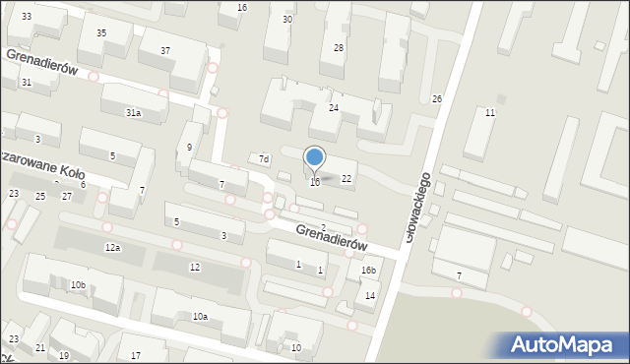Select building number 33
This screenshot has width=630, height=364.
pyautogui.click(x=27, y=17)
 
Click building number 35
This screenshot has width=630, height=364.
pyautogui.click(x=101, y=33)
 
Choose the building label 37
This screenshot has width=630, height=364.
pyautogui.click(x=165, y=50)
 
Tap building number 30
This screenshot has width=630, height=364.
pyautogui.click(x=287, y=20)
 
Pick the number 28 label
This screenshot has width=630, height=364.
pyautogui.click(x=339, y=48)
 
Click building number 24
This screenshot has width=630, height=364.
pyautogui.click(x=334, y=107)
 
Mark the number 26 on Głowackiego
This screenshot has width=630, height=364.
pyautogui.click(x=437, y=99)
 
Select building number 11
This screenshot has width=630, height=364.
pyautogui.click(x=490, y=113)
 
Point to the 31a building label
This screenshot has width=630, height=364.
pyautogui.click(x=133, y=113)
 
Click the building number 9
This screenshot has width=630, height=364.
pyautogui.click(x=190, y=148)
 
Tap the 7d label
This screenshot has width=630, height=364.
pyautogui.click(x=263, y=158)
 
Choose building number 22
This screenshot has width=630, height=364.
pyautogui.click(x=346, y=179)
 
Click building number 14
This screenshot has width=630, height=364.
pyautogui.click(x=370, y=295)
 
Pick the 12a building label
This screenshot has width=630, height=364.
pyautogui.click(x=113, y=247)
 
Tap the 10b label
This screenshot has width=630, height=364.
pyautogui.click(x=78, y=285)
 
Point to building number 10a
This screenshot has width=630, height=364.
pyautogui.click(x=200, y=317)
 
